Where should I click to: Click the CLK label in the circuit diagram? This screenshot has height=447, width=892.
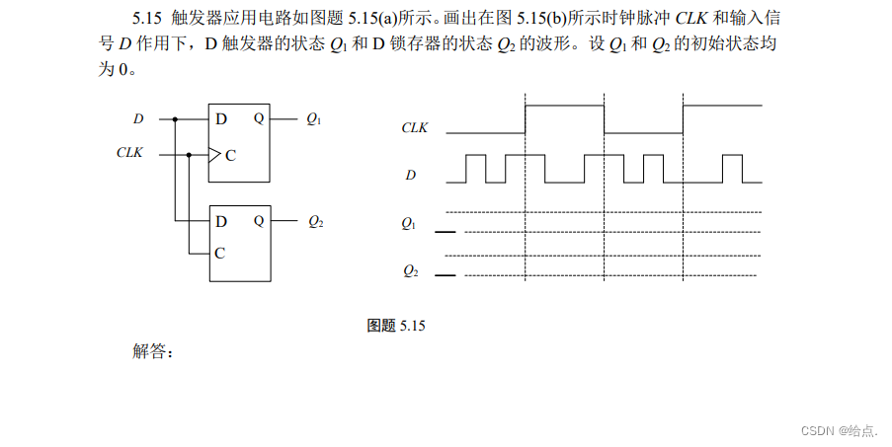(129, 153)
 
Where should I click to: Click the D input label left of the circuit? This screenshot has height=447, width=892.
(138, 119)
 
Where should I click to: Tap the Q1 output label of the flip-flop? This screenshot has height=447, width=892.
(313, 119)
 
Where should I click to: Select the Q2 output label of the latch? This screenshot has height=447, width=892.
(315, 222)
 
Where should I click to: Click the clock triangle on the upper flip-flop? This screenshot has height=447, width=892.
(213, 154)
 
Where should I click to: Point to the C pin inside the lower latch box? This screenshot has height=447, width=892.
(219, 253)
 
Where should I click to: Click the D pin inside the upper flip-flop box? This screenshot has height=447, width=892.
(221, 119)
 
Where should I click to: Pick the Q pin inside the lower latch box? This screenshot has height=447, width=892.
(259, 221)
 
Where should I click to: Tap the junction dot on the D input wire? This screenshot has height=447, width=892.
(175, 119)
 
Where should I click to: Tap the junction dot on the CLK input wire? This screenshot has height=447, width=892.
(189, 154)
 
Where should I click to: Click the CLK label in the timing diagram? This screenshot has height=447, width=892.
(416, 127)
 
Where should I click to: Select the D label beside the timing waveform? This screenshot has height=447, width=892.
(411, 175)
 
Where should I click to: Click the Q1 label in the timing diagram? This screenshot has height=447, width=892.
(409, 225)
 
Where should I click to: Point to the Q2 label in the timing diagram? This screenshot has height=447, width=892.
(409, 269)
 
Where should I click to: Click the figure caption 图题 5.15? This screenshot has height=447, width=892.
(395, 325)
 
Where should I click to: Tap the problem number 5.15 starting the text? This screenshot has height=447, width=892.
(150, 20)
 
